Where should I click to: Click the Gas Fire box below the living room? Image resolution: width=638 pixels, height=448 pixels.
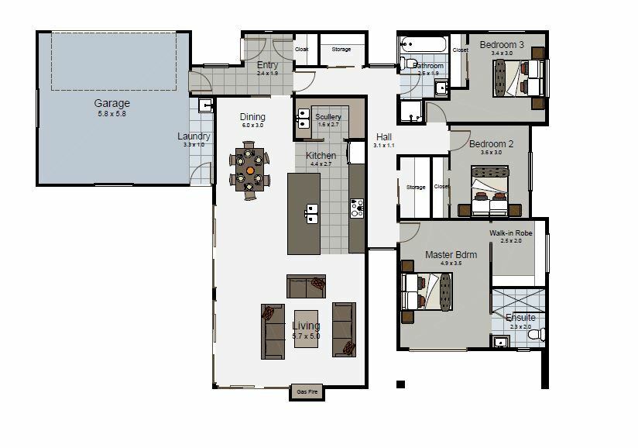coord(307,392)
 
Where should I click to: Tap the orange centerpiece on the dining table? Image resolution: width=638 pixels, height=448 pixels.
coord(250,168)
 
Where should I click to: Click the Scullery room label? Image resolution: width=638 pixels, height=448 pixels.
coord(328,117)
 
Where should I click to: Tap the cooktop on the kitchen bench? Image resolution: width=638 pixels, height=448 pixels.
coord(357,208)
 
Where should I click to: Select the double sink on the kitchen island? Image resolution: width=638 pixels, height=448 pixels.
coord(313,210)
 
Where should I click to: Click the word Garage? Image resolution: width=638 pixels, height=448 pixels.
coord(112,103)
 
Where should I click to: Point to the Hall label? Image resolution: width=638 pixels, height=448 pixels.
coord(384,136)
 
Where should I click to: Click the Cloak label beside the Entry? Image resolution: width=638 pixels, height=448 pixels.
coord(303,50)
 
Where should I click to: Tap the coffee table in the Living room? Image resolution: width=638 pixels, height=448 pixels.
coord(306,330)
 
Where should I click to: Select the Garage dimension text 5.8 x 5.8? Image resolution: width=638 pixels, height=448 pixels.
coord(112,114)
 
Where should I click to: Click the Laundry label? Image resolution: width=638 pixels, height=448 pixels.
coord(194,136)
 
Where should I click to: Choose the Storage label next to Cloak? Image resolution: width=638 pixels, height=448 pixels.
coord(341,50)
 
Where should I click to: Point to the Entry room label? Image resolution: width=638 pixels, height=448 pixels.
coord(267,65)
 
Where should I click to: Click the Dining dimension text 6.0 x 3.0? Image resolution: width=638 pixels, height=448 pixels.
coord(252,125)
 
